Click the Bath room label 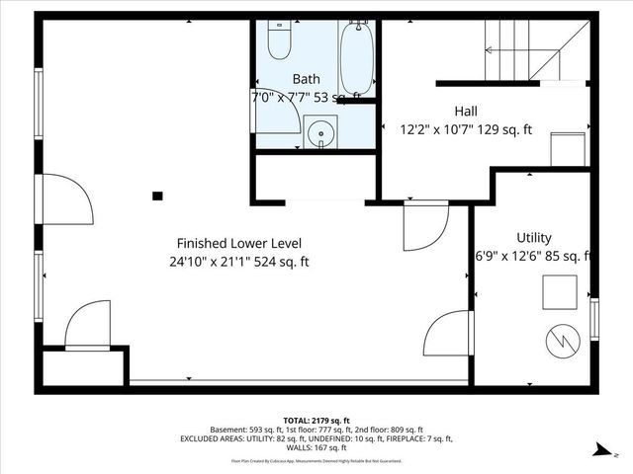306,78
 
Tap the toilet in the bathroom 278,40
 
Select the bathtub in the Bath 356,58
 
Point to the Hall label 467,111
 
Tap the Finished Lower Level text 239,243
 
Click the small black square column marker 157,196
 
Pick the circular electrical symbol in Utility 559,341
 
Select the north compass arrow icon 599,450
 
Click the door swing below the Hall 424,225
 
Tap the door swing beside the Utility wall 445,334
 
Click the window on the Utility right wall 594,319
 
